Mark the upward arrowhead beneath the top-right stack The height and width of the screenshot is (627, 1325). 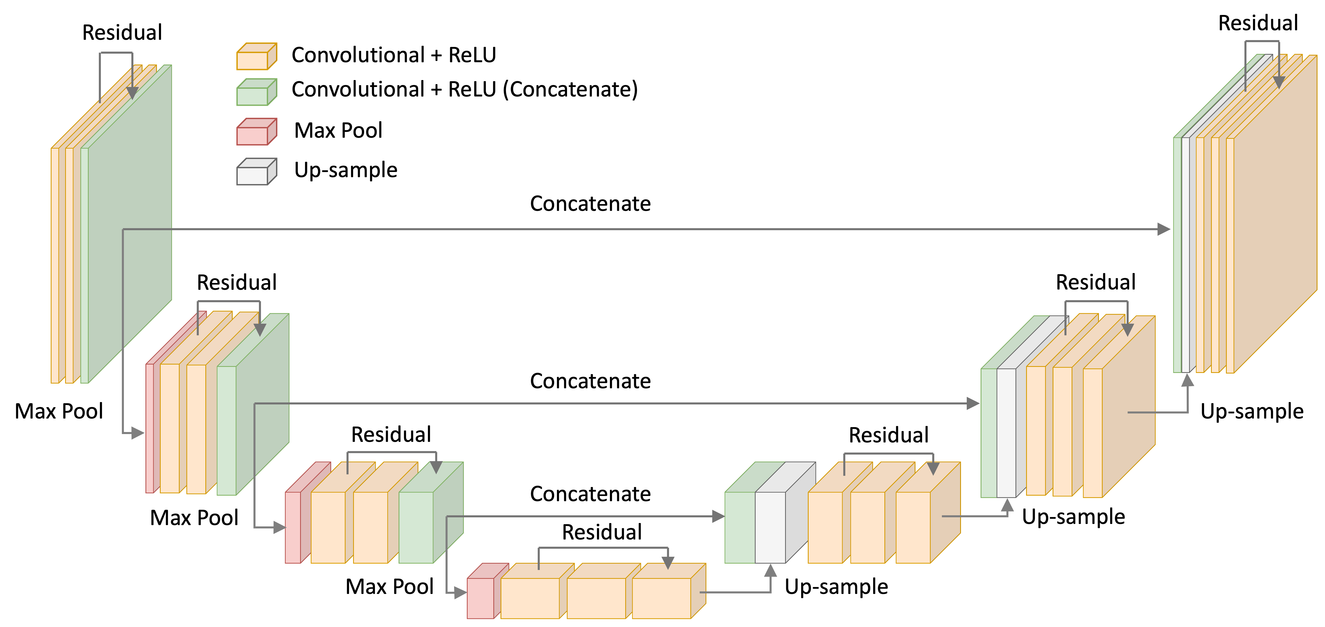[1188, 380]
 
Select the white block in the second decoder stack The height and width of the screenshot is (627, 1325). [1006, 432]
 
